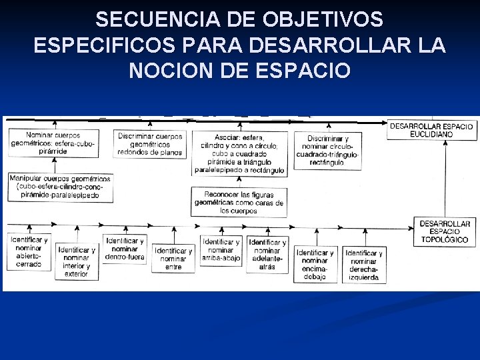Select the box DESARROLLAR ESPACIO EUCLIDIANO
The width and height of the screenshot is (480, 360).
(x=431, y=129)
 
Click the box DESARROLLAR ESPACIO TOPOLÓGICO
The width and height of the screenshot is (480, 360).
(x=445, y=231)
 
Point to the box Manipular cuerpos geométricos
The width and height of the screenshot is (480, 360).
(x=60, y=188)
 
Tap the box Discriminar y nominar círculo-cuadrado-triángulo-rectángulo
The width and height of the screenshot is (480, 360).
(x=328, y=149)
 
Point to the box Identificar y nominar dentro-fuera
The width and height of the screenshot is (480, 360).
(x=125, y=249)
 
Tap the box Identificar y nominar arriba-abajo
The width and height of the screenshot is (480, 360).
(x=221, y=250)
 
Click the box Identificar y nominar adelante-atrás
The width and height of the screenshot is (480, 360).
(x=267, y=254)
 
